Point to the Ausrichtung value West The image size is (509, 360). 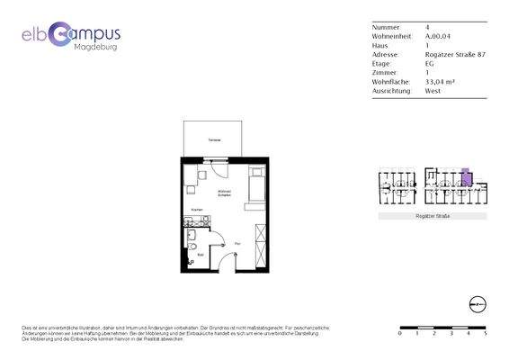click(x=433, y=90)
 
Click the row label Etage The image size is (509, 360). click(x=381, y=63)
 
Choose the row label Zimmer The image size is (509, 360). click(x=383, y=72)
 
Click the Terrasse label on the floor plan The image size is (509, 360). click(x=215, y=142)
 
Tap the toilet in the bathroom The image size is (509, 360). click(x=193, y=247)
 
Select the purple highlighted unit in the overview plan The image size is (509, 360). click(x=465, y=175)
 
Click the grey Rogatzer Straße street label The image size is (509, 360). click(x=433, y=217)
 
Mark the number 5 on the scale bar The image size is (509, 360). click(x=486, y=333)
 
